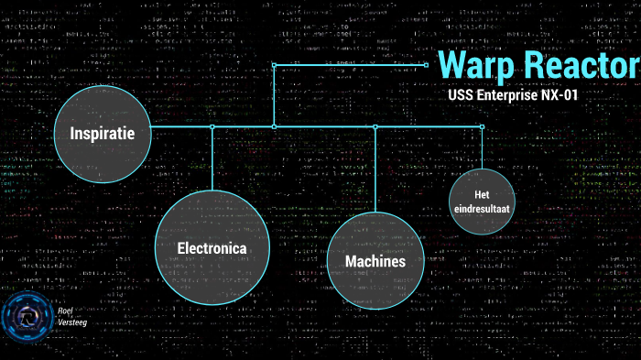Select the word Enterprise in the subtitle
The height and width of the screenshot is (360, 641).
[x=514, y=94]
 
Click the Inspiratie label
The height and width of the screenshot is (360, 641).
[x=103, y=134]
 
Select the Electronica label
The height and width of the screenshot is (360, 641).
[x=212, y=247]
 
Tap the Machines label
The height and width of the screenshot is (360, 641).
[x=375, y=262]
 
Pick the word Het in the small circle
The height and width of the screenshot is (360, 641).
[x=482, y=195]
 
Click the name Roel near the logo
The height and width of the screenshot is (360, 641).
[x=64, y=311]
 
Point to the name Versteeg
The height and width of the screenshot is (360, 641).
[x=72, y=323]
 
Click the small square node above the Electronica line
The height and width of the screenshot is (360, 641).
[x=212, y=126]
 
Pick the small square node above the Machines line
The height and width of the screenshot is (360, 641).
[x=375, y=126]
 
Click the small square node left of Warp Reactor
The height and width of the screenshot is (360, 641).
[x=427, y=64]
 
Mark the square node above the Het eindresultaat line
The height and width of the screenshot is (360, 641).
[x=483, y=126]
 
